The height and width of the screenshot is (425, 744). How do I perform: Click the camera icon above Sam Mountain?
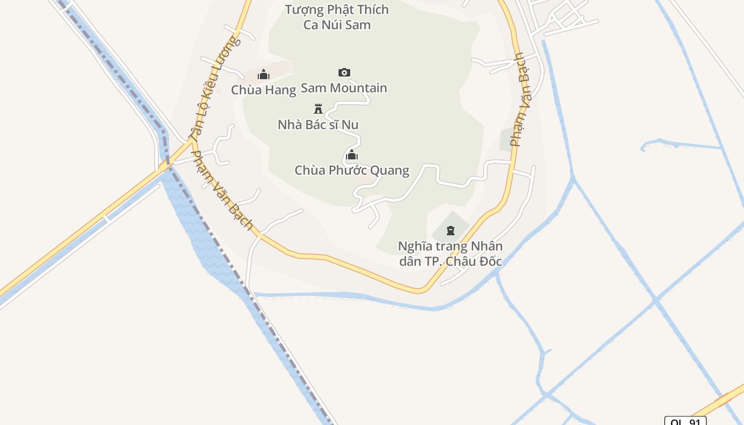(x=344, y=72)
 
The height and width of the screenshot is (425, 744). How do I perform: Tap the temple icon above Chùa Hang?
(x=264, y=74)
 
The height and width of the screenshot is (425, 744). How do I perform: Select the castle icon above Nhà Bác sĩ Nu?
(x=318, y=109)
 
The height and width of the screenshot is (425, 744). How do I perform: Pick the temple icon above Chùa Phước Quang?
(x=351, y=155)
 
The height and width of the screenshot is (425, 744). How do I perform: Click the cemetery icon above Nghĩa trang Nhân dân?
(x=451, y=231)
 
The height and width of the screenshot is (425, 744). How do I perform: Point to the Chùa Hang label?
(x=263, y=90)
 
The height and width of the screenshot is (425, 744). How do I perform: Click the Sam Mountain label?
(x=344, y=88)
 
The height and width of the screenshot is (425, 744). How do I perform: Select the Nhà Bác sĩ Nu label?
(x=318, y=125)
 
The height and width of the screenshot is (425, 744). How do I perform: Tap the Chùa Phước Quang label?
(x=352, y=171)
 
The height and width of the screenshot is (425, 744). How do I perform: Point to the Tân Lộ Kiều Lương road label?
(x=215, y=87)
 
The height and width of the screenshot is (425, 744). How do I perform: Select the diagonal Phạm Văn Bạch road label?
(x=222, y=190)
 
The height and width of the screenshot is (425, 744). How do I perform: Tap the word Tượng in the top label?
(x=302, y=10)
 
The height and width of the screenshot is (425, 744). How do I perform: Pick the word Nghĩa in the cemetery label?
(x=414, y=246)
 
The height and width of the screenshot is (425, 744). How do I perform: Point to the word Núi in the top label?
(x=328, y=24)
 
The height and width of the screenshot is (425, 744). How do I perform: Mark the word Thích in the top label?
(x=373, y=10)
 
